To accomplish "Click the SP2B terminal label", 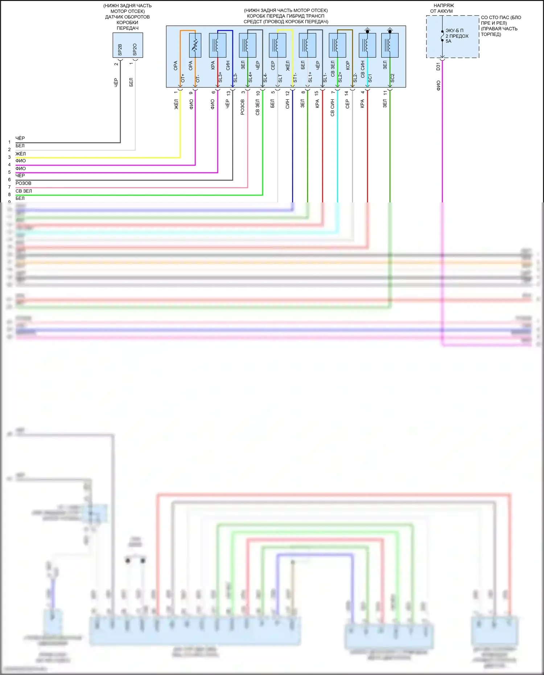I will tap(120, 50).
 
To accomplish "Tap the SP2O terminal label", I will tap(135, 50).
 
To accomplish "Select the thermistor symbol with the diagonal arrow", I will tap(195, 45).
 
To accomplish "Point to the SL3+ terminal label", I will tap(220, 77).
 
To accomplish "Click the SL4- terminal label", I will tap(265, 78).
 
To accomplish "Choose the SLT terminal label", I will tap(280, 78).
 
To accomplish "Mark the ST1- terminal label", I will tap(295, 78).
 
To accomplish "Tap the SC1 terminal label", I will tap(370, 78).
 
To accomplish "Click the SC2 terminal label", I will tap(392, 78).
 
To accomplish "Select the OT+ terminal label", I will tap(183, 78).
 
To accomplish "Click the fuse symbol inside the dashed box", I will tap(442, 36).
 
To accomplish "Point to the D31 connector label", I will tap(438, 66).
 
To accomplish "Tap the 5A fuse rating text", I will tap(449, 41).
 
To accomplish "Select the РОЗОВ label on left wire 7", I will tap(23, 184).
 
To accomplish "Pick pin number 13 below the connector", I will tap(228, 93).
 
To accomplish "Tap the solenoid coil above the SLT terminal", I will tap(277, 45).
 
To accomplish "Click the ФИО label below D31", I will tap(438, 86).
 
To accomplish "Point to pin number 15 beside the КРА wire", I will tap(317, 93).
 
